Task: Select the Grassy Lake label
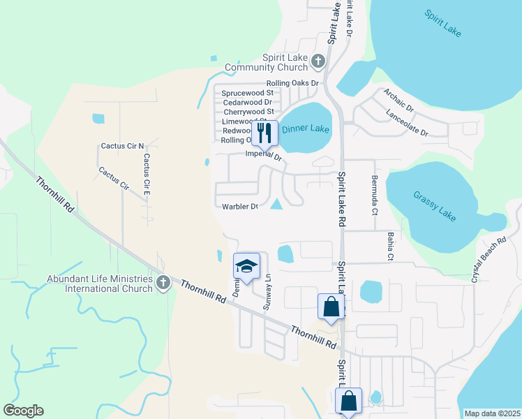point(434,206)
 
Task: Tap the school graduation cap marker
point(246,265)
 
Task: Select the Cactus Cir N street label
point(122,146)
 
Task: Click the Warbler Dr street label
point(240,207)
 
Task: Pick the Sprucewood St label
point(248,93)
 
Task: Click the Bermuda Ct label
point(375,194)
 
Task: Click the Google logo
point(23,411)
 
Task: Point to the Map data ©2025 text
point(492,413)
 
